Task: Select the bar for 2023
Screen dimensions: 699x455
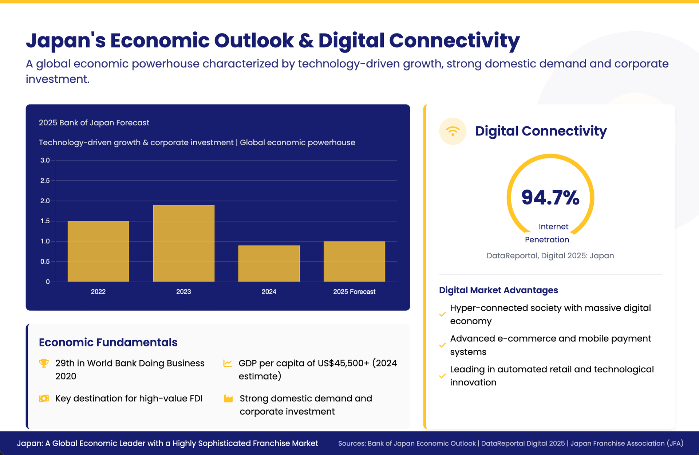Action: pyautogui.click(x=183, y=243)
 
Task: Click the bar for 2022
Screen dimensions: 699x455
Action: pyautogui.click(x=98, y=251)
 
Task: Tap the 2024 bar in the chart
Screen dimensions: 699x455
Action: pyautogui.click(x=269, y=263)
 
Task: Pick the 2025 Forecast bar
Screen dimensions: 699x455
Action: pyautogui.click(x=354, y=262)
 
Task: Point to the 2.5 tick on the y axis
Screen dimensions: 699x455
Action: pyautogui.click(x=45, y=181)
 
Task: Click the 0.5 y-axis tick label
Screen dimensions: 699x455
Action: pyautogui.click(x=45, y=262)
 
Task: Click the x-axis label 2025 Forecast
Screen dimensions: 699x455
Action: pyautogui.click(x=354, y=292)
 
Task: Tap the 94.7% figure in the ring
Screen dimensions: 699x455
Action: pyautogui.click(x=550, y=197)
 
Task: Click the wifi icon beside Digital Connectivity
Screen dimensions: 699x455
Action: pyautogui.click(x=453, y=131)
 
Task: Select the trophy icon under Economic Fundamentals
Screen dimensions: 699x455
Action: pyautogui.click(x=44, y=363)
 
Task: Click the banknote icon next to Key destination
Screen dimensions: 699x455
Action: pyautogui.click(x=44, y=399)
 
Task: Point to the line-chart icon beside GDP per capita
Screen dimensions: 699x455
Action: pyautogui.click(x=228, y=363)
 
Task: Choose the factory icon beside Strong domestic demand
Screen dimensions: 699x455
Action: pyautogui.click(x=228, y=399)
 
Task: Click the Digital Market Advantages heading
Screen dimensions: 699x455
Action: pyautogui.click(x=498, y=290)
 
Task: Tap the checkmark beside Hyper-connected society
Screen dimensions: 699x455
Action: pyautogui.click(x=442, y=314)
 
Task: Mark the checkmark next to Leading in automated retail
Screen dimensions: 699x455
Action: pyautogui.click(x=442, y=376)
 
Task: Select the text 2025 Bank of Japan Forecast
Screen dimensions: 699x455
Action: pyautogui.click(x=94, y=123)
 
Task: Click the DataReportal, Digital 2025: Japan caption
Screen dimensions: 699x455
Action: pyautogui.click(x=550, y=256)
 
